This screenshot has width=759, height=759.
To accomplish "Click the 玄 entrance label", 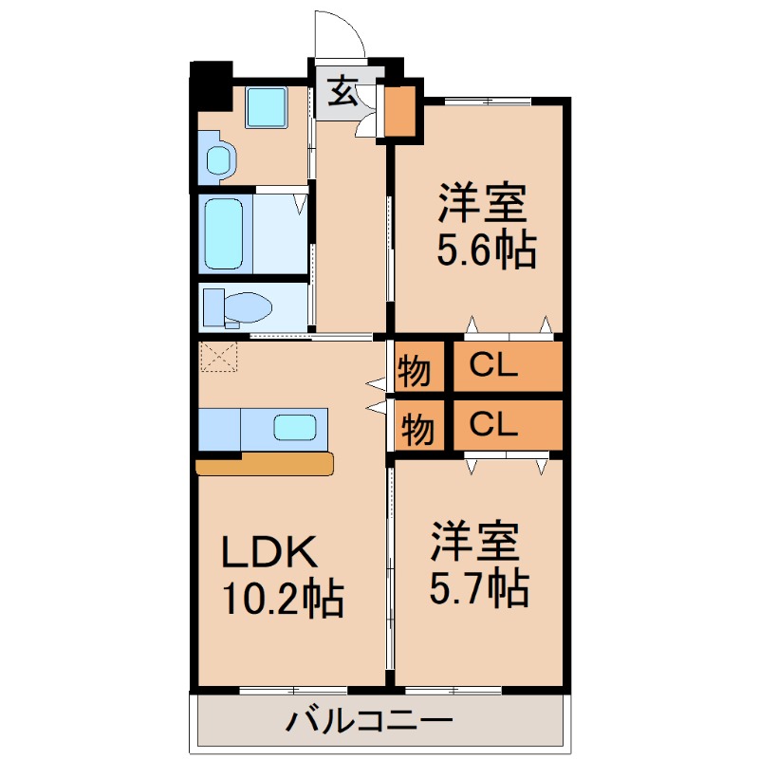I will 342,92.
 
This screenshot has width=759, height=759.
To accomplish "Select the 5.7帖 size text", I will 479,589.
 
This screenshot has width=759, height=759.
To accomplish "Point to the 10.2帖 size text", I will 282,599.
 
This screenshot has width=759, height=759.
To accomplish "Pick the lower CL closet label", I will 494,425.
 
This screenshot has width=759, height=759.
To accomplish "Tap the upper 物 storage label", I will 415,370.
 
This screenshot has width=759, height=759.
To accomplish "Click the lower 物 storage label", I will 415,428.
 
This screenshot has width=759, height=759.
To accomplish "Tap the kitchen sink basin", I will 295,427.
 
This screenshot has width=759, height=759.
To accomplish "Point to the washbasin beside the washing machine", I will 219,159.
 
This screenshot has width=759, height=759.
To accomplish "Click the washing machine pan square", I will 266,106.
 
